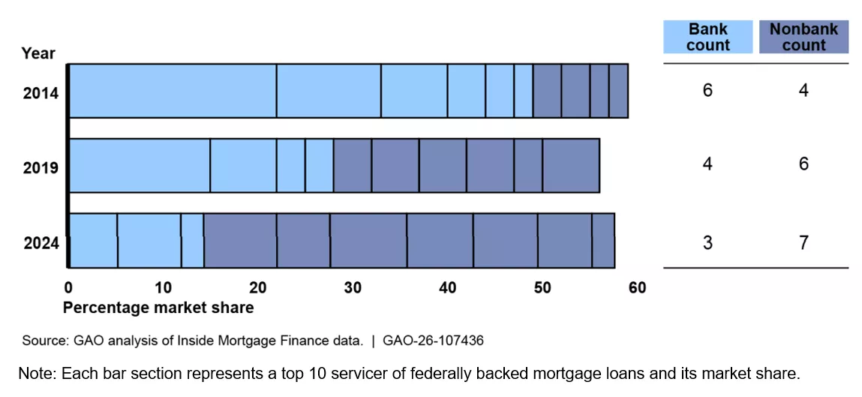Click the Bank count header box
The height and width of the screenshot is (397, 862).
707,37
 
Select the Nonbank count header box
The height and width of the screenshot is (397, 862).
803,37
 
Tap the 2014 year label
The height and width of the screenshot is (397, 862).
41,94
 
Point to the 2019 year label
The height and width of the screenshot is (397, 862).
41,167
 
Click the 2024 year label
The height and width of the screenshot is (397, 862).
41,243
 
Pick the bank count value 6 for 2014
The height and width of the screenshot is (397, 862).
707,90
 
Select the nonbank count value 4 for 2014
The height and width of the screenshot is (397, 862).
803,90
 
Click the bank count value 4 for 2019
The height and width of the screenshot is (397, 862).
707,164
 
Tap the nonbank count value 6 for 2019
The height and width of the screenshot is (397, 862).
803,164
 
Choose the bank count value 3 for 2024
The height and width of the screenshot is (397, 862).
707,243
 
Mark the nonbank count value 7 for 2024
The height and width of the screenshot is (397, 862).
803,243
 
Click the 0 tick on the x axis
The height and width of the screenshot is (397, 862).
68,287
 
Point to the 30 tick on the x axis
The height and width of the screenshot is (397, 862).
353,287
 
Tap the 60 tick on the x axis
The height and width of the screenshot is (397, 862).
637,287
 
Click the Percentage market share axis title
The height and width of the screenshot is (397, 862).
158,308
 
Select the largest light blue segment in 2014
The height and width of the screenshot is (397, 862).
173,91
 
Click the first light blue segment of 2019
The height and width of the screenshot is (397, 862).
140,165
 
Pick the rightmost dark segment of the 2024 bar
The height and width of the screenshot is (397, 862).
603,240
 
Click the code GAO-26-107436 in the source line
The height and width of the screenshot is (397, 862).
433,341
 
